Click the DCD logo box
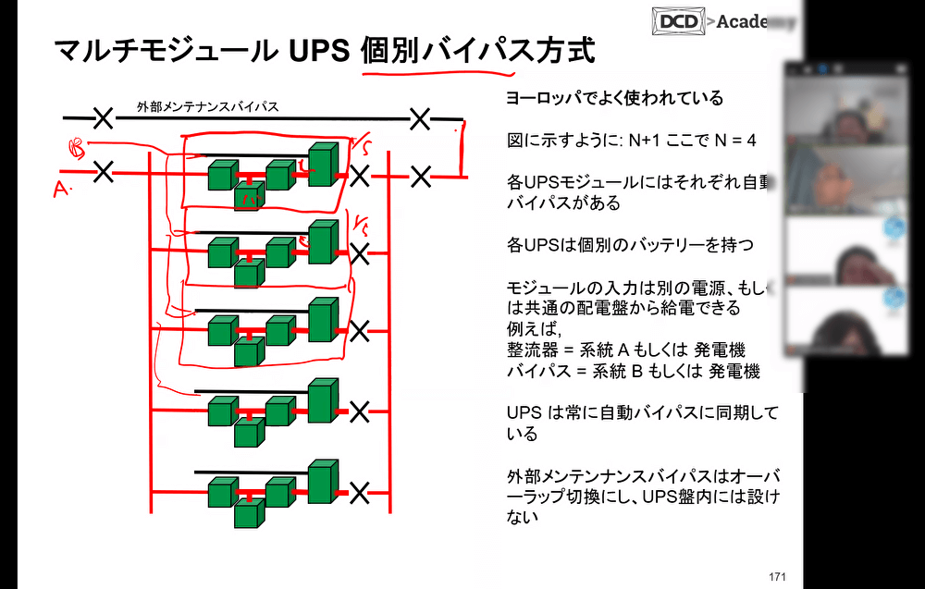tap(679, 19)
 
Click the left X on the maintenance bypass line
tap(104, 117)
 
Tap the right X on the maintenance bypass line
tap(421, 117)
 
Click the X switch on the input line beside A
tap(104, 171)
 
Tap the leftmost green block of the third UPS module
tap(222, 330)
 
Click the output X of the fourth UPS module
tap(360, 410)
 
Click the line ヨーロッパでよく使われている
tap(614, 98)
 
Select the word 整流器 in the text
tap(530, 350)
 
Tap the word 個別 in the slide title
tap(388, 50)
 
